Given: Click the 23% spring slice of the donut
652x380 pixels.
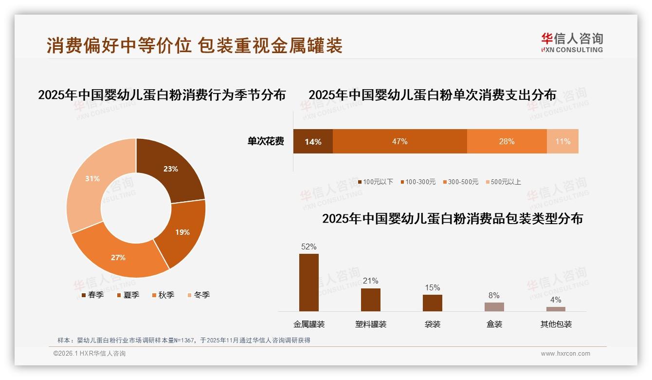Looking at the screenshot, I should tap(170, 169).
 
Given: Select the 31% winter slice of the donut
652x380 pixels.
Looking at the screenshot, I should tap(92, 179).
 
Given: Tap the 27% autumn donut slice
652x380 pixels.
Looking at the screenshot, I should tap(118, 257).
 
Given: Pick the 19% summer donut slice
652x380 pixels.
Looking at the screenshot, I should tap(182, 232).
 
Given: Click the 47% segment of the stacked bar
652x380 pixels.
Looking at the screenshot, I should tap(399, 141).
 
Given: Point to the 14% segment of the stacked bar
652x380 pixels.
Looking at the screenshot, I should tap(313, 141).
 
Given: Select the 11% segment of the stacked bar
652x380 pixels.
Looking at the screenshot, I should tap(562, 141).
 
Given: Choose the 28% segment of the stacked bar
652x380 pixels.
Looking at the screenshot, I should tap(507, 141).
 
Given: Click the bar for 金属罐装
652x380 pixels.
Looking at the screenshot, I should tap(309, 283).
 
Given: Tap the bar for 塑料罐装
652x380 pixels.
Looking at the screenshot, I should tap(371, 300).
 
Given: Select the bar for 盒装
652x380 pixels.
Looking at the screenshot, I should tap(494, 306).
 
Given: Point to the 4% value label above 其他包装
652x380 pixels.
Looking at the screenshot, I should tap(556, 300).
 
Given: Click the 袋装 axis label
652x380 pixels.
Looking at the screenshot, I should tap(433, 324).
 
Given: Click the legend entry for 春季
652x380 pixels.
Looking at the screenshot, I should tap(92, 295).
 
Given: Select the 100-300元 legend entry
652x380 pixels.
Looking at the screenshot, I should tap(418, 182).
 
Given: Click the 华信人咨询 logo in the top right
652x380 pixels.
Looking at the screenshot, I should tap(572, 42).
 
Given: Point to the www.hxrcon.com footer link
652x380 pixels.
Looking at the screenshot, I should tap(565, 354).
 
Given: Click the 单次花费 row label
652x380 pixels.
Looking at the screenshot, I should tap(266, 141).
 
